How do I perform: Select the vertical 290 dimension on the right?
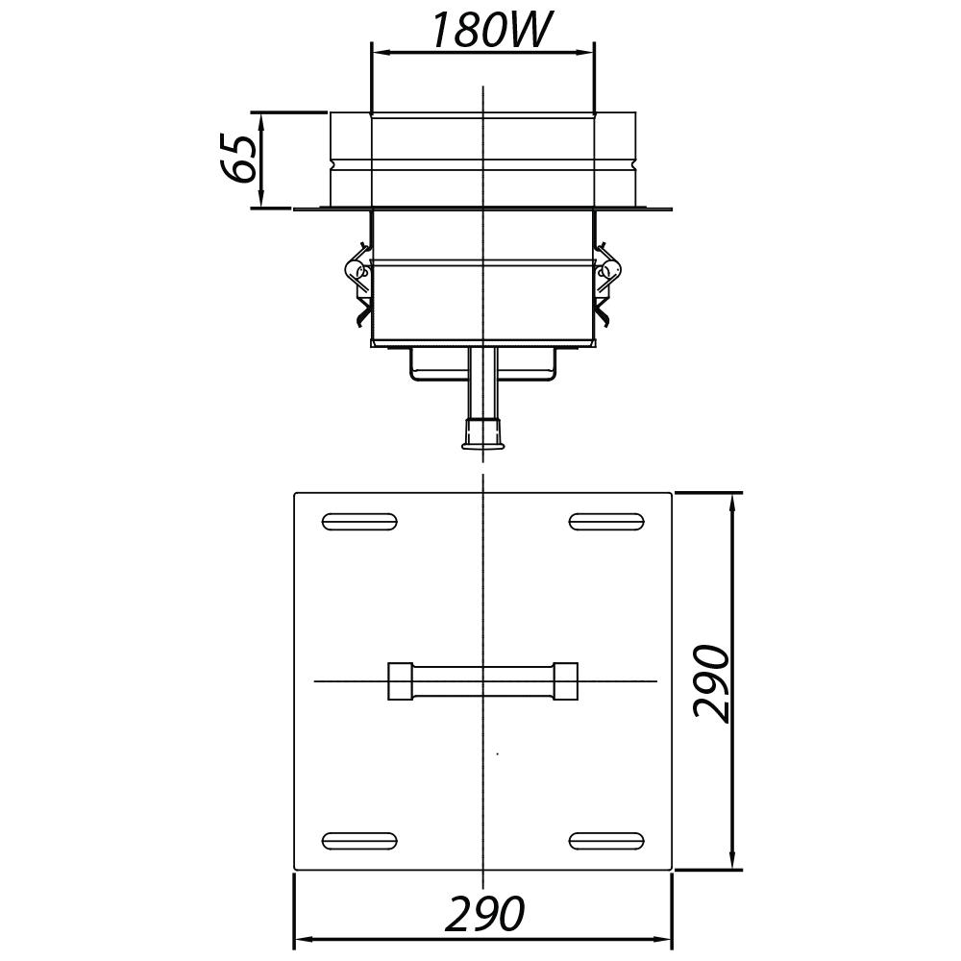pyautogui.click(x=713, y=682)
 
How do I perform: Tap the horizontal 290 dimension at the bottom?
pyautogui.click(x=485, y=913)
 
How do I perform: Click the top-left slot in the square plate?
pyautogui.click(x=359, y=522)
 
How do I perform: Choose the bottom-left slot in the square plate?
pyautogui.click(x=359, y=841)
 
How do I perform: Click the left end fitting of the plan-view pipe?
pyautogui.click(x=400, y=680)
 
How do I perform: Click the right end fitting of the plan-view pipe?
pyautogui.click(x=565, y=680)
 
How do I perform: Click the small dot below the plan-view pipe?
pyautogui.click(x=497, y=754)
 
